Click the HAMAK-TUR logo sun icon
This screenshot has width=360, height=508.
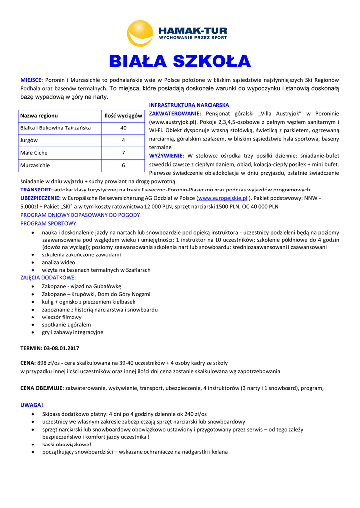click(x=141, y=33)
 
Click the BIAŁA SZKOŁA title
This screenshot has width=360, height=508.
click(x=180, y=61)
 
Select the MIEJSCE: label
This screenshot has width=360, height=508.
click(x=31, y=80)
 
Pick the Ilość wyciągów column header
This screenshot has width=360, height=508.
click(x=123, y=116)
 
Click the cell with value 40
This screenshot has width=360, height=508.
click(x=123, y=128)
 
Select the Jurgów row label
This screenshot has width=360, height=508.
click(x=29, y=140)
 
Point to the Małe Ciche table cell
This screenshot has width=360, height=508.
click(x=34, y=153)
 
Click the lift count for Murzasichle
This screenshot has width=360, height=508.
click(x=123, y=165)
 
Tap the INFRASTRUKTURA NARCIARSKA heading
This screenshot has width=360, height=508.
click(x=189, y=105)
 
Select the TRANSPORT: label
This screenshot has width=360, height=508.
click(x=36, y=190)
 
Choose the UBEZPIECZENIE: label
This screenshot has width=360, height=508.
click(x=40, y=198)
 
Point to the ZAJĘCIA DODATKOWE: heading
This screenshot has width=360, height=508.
click(x=48, y=278)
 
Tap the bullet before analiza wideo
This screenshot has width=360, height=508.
click(x=33, y=262)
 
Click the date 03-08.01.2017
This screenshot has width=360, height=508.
click(x=62, y=348)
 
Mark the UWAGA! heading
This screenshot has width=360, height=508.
click(x=32, y=405)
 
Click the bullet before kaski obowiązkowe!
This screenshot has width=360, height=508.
click(x=33, y=444)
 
